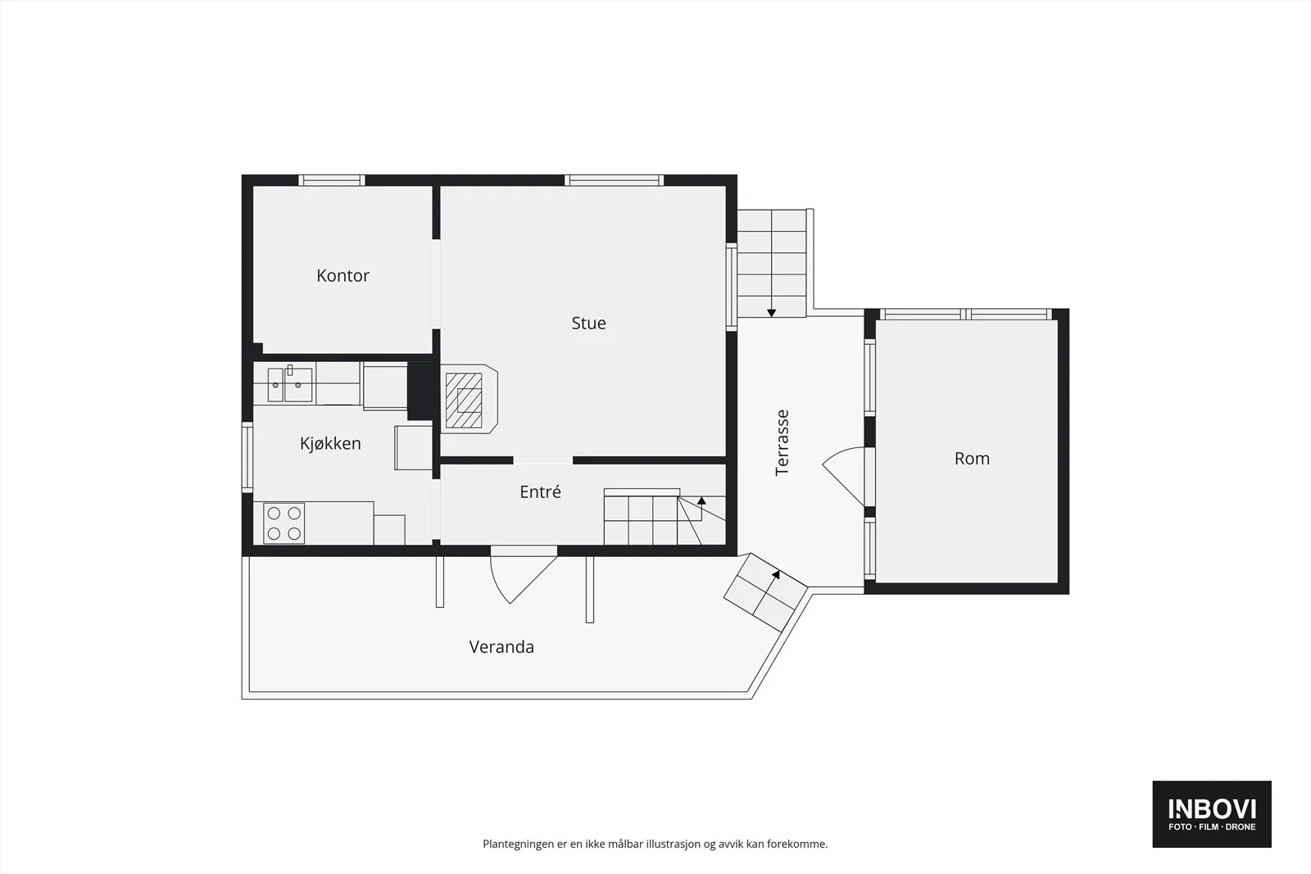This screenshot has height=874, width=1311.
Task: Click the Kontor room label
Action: pyautogui.click(x=342, y=275)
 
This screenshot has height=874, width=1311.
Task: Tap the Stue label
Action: pyautogui.click(x=588, y=323)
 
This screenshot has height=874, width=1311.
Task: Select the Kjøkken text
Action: pyautogui.click(x=330, y=443)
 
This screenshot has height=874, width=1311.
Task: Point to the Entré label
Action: pyautogui.click(x=540, y=492)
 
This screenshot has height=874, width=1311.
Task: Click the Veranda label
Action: pyautogui.click(x=501, y=647)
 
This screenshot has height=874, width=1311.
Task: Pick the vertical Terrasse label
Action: pyautogui.click(x=782, y=443)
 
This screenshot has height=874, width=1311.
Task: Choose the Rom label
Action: pyautogui.click(x=972, y=459)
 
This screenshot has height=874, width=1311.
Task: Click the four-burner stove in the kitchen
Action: pyautogui.click(x=284, y=523)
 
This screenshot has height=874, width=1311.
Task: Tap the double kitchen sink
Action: pyautogui.click(x=290, y=384)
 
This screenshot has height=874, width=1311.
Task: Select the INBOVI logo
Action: pyautogui.click(x=1212, y=813)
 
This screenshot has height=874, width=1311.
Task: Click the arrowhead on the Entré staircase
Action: pyautogui.click(x=701, y=500)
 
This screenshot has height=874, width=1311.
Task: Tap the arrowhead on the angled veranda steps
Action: pyautogui.click(x=776, y=574)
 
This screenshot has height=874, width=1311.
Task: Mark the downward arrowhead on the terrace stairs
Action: pyautogui.click(x=771, y=313)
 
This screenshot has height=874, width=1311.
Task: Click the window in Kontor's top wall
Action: pyautogui.click(x=332, y=180)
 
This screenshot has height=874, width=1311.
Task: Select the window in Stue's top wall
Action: pyautogui.click(x=615, y=180)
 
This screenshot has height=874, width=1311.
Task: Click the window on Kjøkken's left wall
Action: pyautogui.click(x=247, y=457)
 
